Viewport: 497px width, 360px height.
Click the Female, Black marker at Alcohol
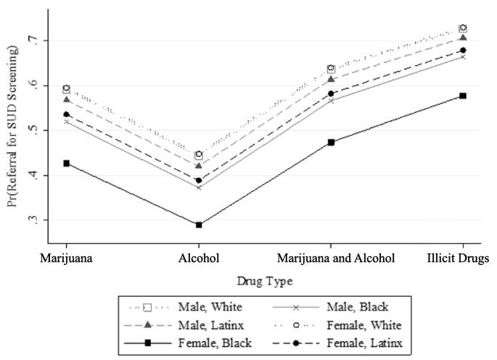[199, 225]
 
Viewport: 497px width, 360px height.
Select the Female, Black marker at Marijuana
[67, 163]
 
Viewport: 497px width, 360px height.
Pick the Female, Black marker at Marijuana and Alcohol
[331, 142]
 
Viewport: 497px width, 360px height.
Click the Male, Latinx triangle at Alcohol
[199, 165]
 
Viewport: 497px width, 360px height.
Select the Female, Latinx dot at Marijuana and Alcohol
[331, 94]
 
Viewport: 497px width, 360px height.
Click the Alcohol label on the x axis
[199, 258]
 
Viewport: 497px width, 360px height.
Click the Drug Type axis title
[264, 279]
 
